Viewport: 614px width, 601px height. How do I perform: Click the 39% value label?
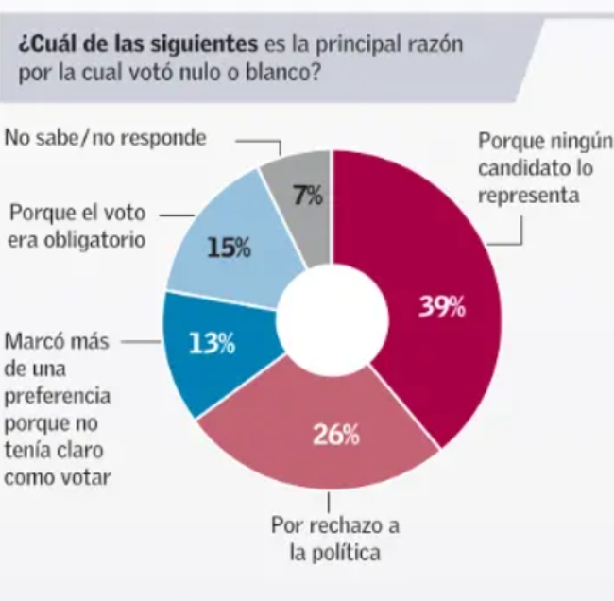(442, 306)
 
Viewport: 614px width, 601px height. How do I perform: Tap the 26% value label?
(336, 436)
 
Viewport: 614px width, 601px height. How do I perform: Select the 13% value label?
(212, 342)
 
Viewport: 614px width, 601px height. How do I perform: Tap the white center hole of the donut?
(332, 318)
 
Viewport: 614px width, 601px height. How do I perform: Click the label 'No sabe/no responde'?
(105, 138)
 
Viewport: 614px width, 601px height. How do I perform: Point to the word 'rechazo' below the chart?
(337, 524)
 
